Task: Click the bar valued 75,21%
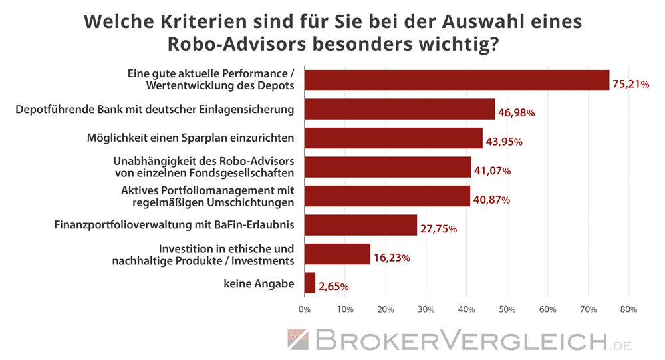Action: tap(456, 80)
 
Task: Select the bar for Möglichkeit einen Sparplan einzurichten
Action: tap(393, 138)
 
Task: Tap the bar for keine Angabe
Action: tap(310, 283)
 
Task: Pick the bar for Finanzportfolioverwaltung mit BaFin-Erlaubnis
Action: tap(360, 225)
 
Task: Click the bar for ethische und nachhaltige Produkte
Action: tap(337, 254)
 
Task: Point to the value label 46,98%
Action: tap(517, 113)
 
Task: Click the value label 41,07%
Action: tap(492, 171)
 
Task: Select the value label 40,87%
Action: tap(491, 200)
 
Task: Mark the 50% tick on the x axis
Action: tap(507, 309)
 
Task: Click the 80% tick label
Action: tap(628, 309)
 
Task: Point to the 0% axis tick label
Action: tap(305, 309)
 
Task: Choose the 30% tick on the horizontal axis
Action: tap(426, 309)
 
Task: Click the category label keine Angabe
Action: tap(259, 284)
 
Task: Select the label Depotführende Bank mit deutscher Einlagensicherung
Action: tap(155, 109)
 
